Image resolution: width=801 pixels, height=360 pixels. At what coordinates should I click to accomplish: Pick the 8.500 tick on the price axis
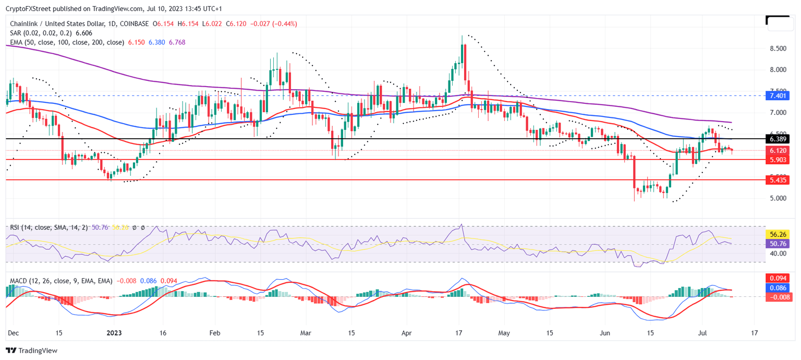pos(778,49)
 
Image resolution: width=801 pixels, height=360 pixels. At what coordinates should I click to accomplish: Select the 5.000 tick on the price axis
pos(778,198)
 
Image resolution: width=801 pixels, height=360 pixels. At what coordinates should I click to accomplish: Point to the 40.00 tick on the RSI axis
pos(778,254)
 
